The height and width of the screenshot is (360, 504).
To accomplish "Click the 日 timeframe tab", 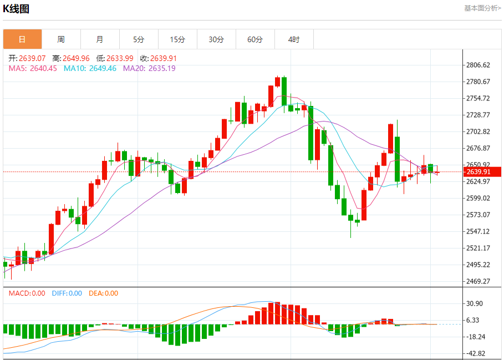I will click(x=22, y=39).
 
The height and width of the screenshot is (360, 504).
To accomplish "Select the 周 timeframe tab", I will click(x=61, y=39).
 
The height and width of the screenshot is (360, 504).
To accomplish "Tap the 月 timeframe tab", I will click(x=100, y=39).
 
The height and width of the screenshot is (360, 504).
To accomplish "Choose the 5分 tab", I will click(x=139, y=39).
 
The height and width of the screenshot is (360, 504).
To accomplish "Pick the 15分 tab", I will click(x=177, y=39).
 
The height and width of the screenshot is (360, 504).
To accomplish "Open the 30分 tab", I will click(x=216, y=39).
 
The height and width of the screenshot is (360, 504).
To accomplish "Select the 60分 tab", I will click(x=255, y=39).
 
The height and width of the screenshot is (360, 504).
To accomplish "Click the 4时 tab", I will click(x=294, y=39).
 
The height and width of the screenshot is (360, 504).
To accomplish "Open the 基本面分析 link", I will click(x=482, y=8).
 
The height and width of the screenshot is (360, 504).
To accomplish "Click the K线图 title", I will click(x=16, y=9).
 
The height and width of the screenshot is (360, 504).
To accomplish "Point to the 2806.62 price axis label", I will click(x=478, y=65).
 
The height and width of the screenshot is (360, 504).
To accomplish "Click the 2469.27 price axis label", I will click(x=478, y=281).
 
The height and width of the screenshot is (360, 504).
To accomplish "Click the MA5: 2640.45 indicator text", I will click(x=33, y=68).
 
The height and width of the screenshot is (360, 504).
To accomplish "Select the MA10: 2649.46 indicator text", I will click(x=90, y=68).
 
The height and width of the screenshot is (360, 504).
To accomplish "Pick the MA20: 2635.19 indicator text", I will click(x=149, y=68).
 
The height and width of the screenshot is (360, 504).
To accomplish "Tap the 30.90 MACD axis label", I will click(x=475, y=303).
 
